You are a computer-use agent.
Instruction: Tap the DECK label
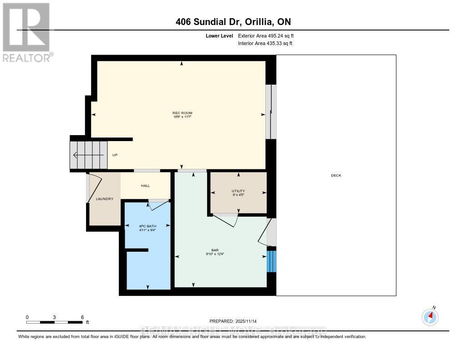point(336,175)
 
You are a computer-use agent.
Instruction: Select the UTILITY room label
point(238,191)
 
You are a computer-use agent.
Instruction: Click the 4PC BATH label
point(147,226)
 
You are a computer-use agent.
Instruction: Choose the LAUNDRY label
point(104,199)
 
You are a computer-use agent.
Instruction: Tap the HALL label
point(145,185)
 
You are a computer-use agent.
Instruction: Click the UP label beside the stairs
point(115,155)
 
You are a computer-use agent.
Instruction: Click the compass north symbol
point(430,316)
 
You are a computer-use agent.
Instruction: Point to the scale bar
point(55,322)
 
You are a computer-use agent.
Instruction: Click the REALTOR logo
point(27,32)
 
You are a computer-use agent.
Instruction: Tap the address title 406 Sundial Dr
point(233,22)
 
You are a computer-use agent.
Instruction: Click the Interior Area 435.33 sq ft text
point(265,43)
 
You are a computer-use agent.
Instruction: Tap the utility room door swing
point(226,219)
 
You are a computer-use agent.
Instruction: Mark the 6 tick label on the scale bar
point(82,317)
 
